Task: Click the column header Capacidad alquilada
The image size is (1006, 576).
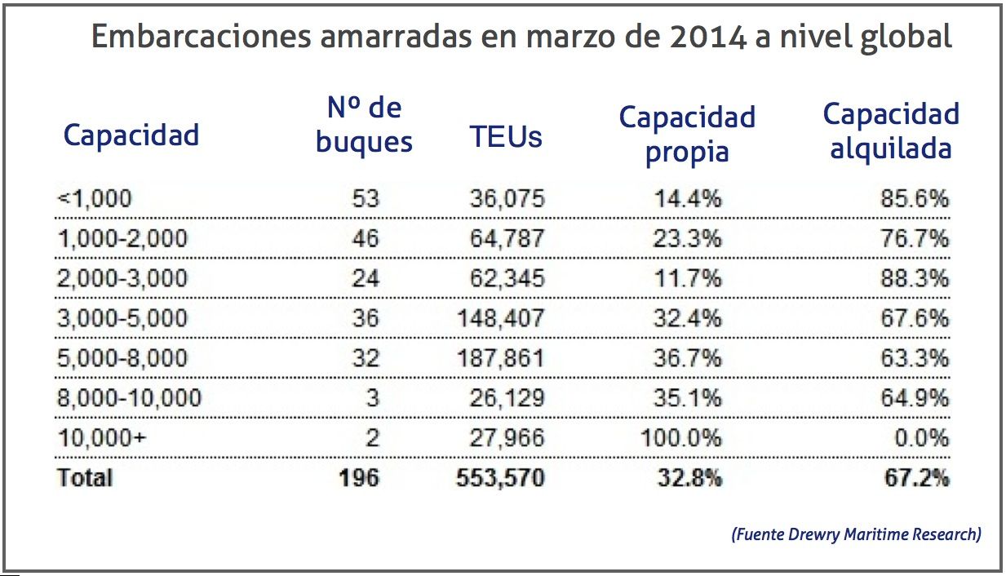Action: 890,131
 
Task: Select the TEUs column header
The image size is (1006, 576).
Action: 506,136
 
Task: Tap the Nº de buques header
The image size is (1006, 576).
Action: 364,124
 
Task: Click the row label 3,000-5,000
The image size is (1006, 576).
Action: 122,317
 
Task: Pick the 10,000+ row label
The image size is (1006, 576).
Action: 102,437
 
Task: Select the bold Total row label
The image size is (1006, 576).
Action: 85,477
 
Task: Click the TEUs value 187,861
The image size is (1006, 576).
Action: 500,357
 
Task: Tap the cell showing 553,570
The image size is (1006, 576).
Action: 500,477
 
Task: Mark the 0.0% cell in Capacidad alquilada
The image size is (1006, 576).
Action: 922,437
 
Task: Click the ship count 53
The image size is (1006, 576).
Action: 365,198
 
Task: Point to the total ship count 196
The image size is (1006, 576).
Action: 359,477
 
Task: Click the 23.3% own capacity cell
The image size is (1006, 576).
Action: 687,238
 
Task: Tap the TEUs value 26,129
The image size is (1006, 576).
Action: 507,397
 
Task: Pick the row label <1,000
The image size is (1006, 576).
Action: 94,198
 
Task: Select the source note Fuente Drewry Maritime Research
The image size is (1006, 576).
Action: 856,534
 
